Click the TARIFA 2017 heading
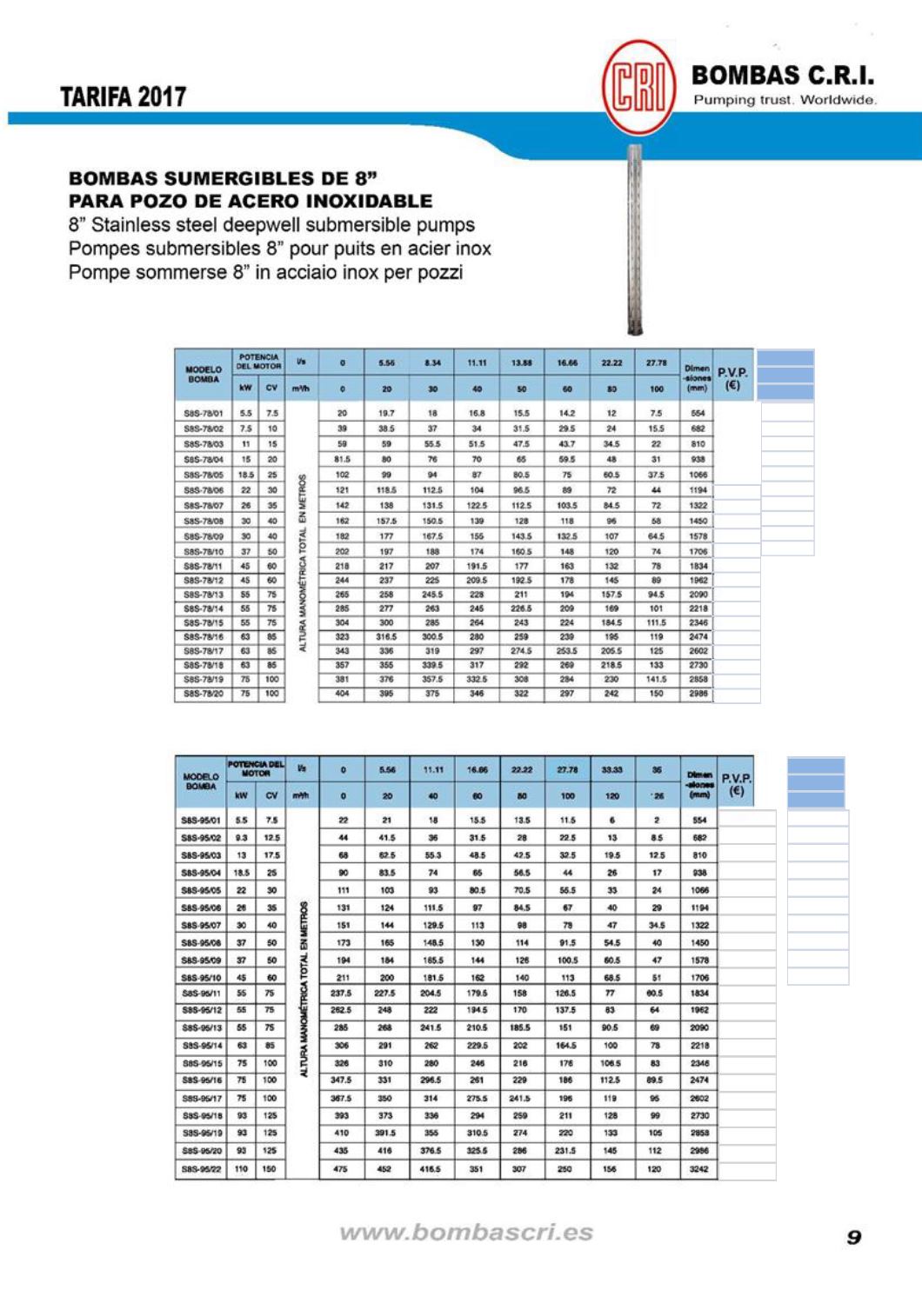pos(123,96)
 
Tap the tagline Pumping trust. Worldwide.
pos(785,100)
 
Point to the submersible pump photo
pos(636,239)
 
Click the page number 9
pos(854,1237)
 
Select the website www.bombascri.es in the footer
pos(466,1233)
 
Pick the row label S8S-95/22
pos(201,1169)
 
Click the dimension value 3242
pos(698,1169)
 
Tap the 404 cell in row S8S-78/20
pos(343,694)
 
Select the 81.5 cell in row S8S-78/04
pos(343,460)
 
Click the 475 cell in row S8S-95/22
pos(341,1169)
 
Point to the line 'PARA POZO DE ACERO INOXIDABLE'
pos(251,201)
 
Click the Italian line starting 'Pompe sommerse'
pos(265,272)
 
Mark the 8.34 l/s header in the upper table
pos(432,362)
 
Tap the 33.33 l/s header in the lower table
pos(612,769)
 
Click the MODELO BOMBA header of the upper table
pos(203,375)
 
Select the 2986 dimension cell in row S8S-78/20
pos(698,694)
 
